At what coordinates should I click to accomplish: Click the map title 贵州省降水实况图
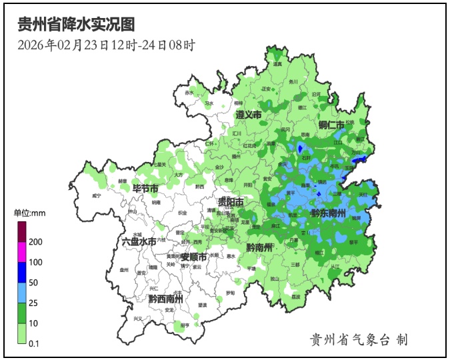click(x=76, y=25)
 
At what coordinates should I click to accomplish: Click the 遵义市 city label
click(x=248, y=115)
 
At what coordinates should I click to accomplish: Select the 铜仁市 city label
click(x=331, y=125)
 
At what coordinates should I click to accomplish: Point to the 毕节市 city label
click(x=145, y=188)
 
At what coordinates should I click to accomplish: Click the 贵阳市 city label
click(x=231, y=201)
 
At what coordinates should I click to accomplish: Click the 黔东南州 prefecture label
click(x=327, y=213)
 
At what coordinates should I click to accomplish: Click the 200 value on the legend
click(x=36, y=241)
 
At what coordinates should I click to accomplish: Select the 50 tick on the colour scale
click(x=34, y=283)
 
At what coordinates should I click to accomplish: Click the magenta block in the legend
click(x=22, y=252)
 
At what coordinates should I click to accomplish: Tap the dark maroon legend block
click(x=22, y=231)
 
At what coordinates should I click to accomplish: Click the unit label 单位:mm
click(x=29, y=213)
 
